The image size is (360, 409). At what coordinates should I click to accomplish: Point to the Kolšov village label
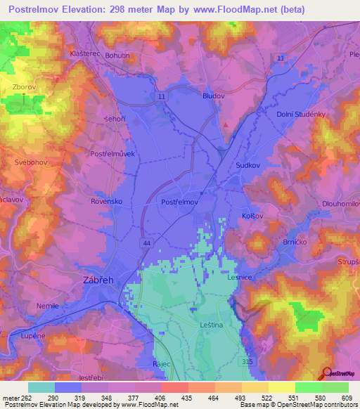pyautogui.click(x=252, y=216)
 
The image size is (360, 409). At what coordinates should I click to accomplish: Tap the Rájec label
pyautogui.click(x=163, y=364)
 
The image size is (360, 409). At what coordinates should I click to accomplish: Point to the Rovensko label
pyautogui.click(x=106, y=201)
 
